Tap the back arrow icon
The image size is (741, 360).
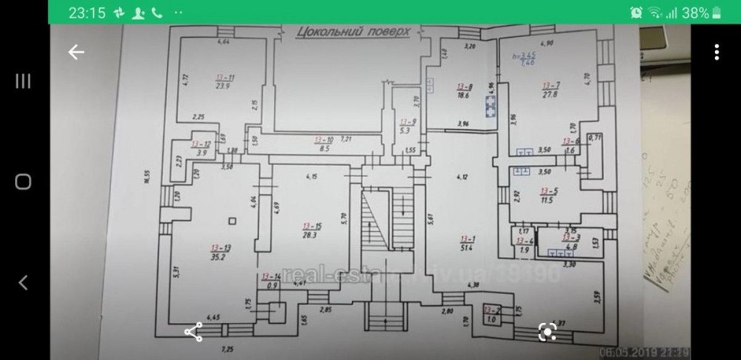point(76,53)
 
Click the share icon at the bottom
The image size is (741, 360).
point(193,333)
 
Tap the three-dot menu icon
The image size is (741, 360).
point(717,53)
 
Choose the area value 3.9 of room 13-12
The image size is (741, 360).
point(201,153)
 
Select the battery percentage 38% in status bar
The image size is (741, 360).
point(697,13)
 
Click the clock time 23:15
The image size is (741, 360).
point(87,13)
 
